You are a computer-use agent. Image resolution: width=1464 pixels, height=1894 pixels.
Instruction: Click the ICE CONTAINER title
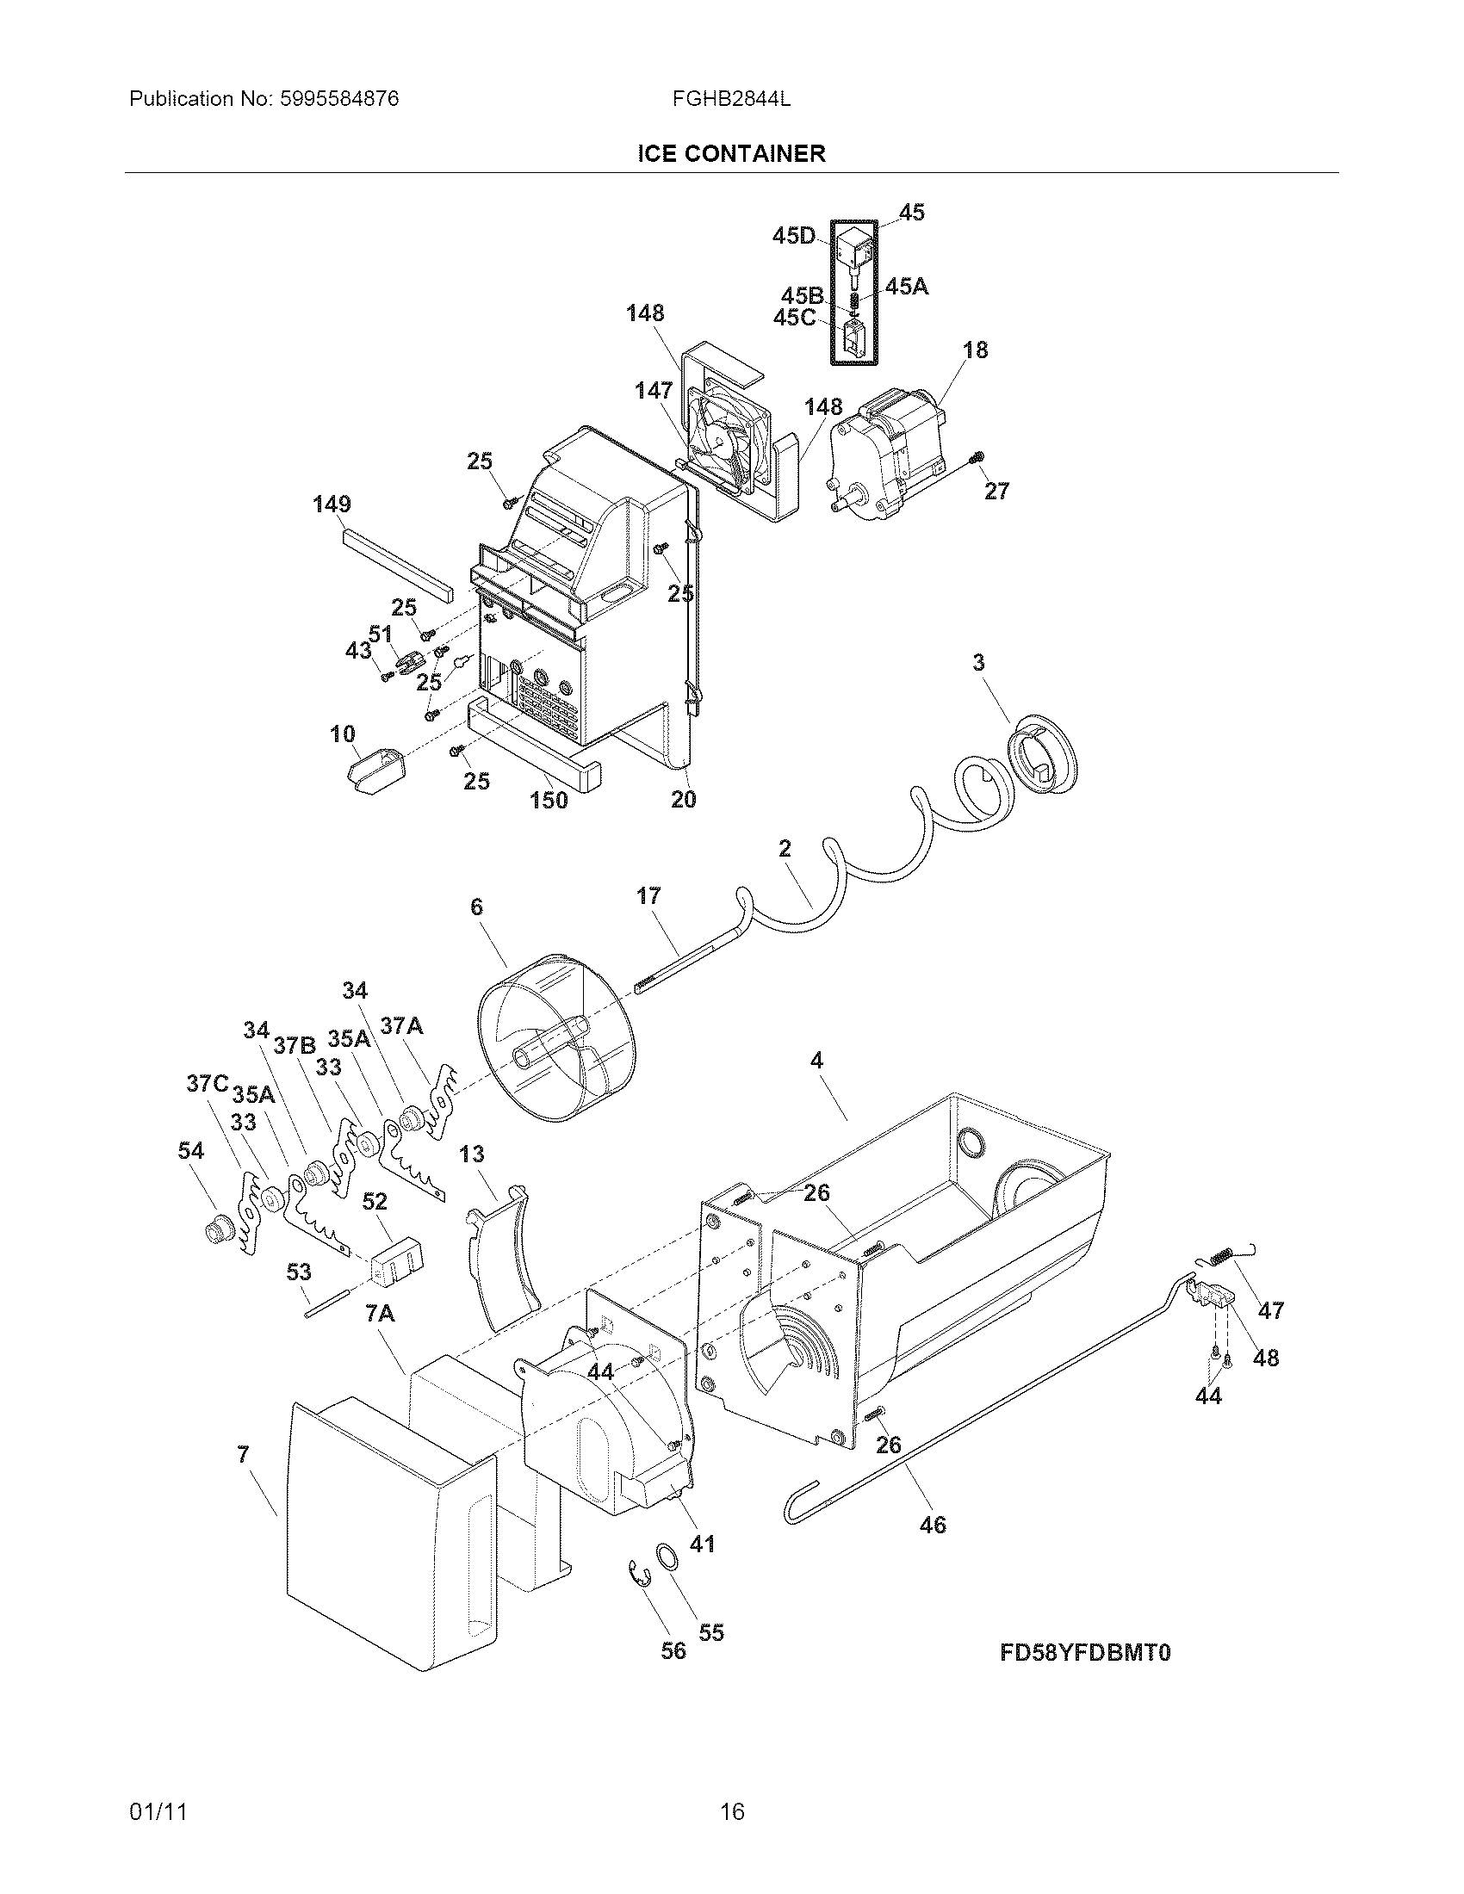[x=731, y=154]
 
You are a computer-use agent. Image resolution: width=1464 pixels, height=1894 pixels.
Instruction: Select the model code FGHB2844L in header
[x=730, y=99]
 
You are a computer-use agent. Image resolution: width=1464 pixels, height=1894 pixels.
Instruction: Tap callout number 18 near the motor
[x=975, y=350]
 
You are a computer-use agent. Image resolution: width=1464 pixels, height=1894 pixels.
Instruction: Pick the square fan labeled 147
[x=727, y=434]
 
